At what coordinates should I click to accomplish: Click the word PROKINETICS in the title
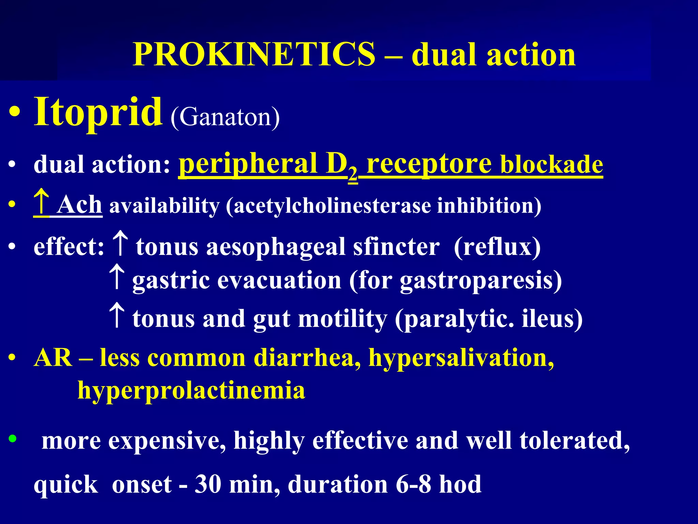coord(254,55)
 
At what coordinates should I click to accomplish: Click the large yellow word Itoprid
coord(98,112)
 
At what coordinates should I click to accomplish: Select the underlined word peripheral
coord(248,164)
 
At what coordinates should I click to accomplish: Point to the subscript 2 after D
coord(353,175)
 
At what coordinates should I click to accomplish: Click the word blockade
coord(551,165)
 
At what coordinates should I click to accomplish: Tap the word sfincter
coord(396,247)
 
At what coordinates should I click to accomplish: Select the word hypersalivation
coord(461,358)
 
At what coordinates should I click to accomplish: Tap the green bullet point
coord(13,438)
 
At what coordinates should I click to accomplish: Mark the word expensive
coord(167,441)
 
